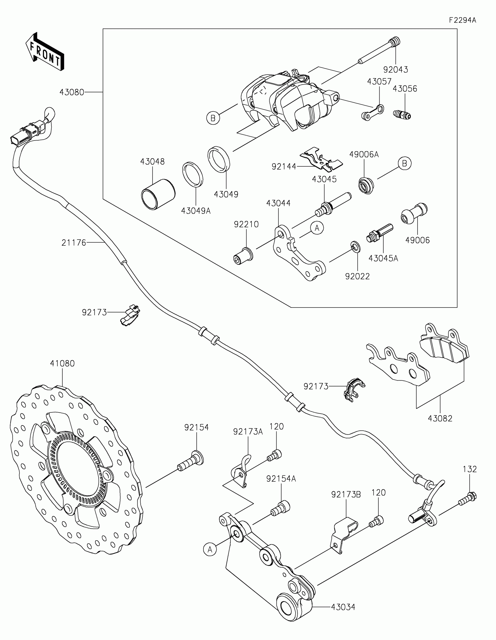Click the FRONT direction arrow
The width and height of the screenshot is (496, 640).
pyautogui.click(x=45, y=51)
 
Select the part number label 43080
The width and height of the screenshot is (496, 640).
pyautogui.click(x=72, y=92)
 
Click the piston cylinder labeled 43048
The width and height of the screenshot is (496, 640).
pyautogui.click(x=158, y=195)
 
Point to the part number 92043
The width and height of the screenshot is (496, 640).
pyautogui.click(x=396, y=70)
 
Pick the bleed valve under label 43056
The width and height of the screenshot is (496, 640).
pyautogui.click(x=402, y=114)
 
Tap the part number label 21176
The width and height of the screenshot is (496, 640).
pyautogui.click(x=74, y=243)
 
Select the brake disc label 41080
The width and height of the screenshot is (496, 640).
pyautogui.click(x=62, y=363)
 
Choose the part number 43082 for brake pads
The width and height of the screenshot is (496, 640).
pyautogui.click(x=440, y=418)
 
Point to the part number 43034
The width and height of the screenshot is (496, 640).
pyautogui.click(x=343, y=607)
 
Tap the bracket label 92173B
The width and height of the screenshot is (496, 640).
pyautogui.click(x=346, y=494)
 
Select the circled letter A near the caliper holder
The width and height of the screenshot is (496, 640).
pyautogui.click(x=317, y=228)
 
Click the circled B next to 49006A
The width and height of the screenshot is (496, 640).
pyautogui.click(x=404, y=163)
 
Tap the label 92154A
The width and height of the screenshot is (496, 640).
pyautogui.click(x=281, y=479)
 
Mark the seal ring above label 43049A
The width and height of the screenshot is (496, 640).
pyautogui.click(x=192, y=174)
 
